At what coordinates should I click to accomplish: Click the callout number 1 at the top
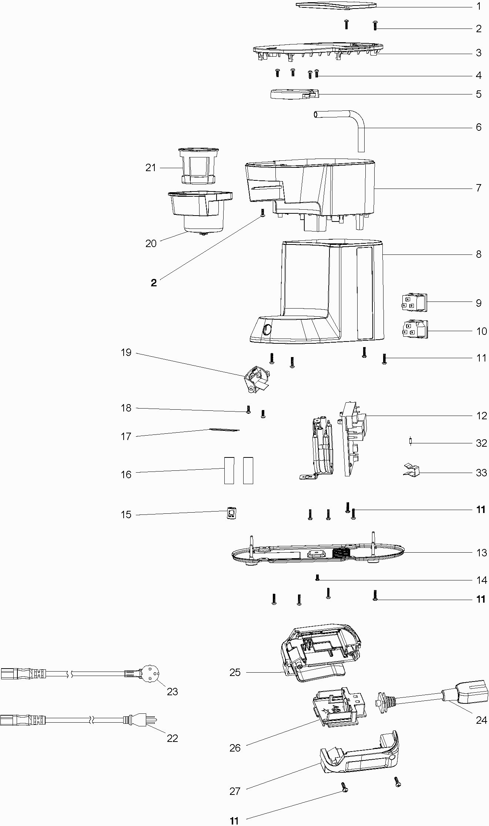click(478, 6)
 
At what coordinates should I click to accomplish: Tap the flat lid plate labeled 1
click(336, 5)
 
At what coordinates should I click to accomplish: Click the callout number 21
click(151, 168)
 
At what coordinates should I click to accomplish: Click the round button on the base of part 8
click(266, 329)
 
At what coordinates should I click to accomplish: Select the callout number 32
click(481, 443)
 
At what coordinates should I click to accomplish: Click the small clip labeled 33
click(412, 470)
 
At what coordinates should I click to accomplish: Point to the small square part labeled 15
click(232, 514)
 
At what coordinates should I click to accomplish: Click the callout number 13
click(481, 553)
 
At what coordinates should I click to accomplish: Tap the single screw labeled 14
click(317, 577)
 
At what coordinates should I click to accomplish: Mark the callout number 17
click(126, 436)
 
